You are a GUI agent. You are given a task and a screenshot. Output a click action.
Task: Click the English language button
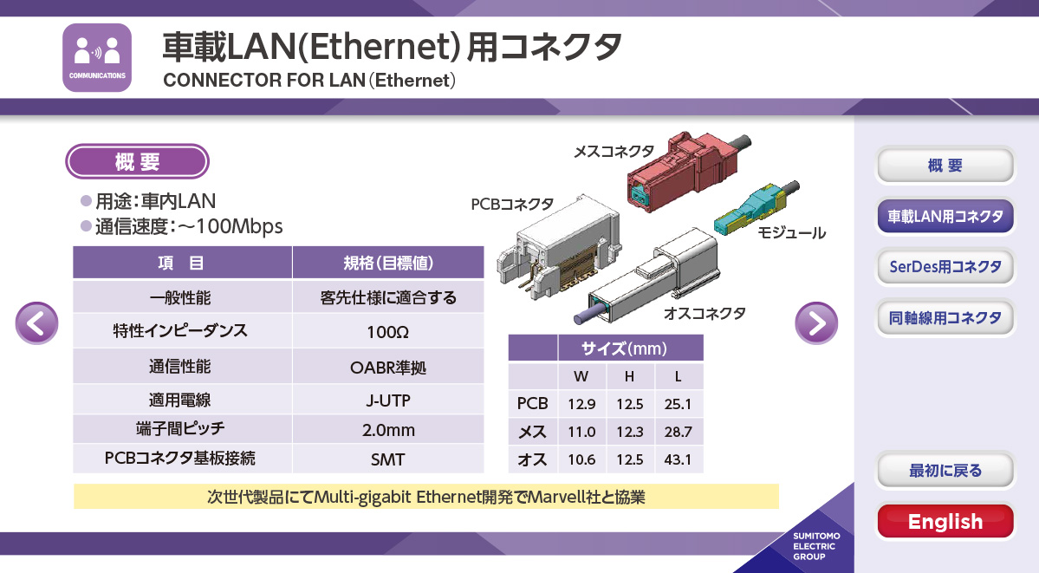click(945, 521)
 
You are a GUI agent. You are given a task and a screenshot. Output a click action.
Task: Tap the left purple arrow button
click(37, 323)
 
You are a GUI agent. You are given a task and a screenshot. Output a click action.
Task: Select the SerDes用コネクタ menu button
click(945, 267)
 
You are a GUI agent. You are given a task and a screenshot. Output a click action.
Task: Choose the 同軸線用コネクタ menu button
click(945, 317)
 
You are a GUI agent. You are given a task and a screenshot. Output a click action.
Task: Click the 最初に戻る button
click(945, 470)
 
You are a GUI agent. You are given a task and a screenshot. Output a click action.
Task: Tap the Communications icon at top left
click(97, 58)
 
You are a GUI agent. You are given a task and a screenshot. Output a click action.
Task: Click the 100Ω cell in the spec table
click(387, 332)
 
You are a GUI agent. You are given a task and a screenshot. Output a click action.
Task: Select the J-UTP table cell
click(387, 400)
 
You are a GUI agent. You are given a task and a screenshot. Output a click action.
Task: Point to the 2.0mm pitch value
click(388, 430)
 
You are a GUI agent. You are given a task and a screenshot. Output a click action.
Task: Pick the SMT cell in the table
click(387, 459)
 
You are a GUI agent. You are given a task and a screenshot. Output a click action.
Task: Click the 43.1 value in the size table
click(678, 459)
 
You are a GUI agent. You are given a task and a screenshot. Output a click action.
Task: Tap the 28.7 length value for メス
click(678, 432)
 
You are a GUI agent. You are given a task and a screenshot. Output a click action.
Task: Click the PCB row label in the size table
click(532, 403)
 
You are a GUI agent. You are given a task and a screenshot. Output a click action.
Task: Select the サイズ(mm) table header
click(624, 348)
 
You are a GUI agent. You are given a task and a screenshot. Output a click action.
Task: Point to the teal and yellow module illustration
click(757, 207)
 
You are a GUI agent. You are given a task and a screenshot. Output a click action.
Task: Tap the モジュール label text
click(791, 233)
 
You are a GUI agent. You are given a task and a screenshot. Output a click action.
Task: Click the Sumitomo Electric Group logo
click(815, 546)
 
